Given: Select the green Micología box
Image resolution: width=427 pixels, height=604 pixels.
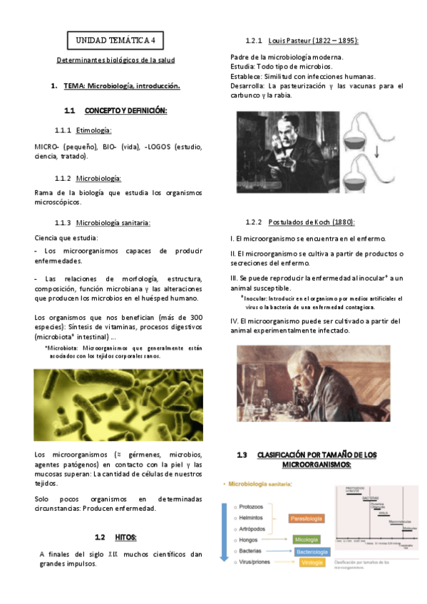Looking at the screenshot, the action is point(306,540).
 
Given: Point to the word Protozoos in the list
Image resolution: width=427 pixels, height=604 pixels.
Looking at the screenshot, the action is point(251,506).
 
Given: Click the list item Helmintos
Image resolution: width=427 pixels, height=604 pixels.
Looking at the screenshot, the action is point(251,518).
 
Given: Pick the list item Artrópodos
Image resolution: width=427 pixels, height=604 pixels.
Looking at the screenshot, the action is point(252,529).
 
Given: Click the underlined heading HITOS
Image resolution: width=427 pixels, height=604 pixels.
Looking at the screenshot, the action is point(126,536).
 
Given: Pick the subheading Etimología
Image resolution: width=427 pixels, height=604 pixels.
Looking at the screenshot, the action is point(94,130).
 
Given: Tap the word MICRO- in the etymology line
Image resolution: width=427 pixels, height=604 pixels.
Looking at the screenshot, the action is point(47,146).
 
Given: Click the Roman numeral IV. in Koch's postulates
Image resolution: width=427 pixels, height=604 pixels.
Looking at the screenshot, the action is point(235,321).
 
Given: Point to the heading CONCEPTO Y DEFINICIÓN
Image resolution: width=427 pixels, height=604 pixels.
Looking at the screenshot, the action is point(125,110).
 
